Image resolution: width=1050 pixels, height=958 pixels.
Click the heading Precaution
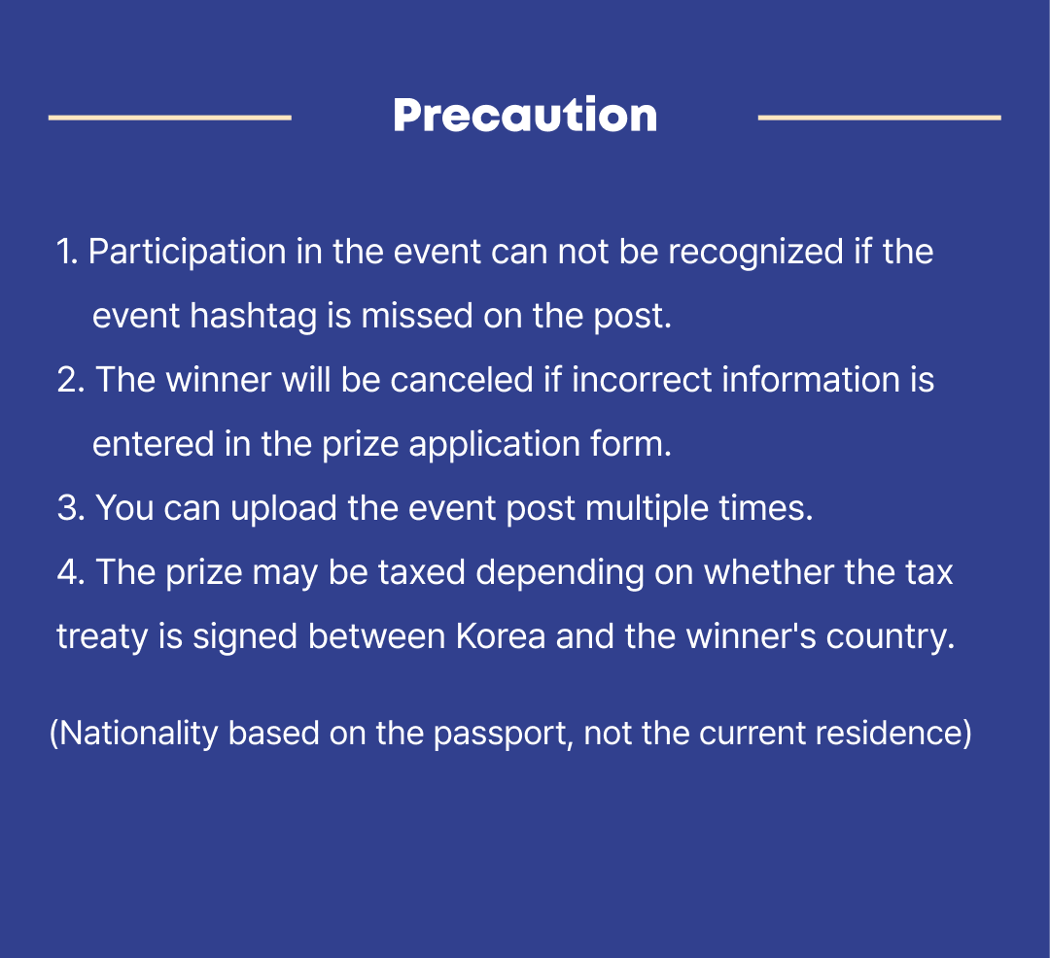point(525,115)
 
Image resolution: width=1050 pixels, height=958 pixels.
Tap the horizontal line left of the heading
point(170,118)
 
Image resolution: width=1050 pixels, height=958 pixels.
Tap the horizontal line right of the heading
point(879,118)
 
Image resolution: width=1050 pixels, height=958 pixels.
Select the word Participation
point(188,253)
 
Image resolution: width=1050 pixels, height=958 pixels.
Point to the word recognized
point(755,253)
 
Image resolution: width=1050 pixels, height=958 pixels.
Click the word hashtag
point(253,317)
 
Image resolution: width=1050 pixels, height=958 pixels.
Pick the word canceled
point(462,380)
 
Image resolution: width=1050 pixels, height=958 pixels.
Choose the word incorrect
point(642,380)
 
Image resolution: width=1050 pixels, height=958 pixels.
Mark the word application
point(494,445)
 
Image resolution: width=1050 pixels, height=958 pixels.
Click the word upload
point(283,508)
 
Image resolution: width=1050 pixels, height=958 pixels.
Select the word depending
point(560,573)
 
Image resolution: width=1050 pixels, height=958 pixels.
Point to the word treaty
point(102,636)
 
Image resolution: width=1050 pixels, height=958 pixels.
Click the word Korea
point(501,636)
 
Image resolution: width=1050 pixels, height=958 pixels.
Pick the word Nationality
point(139,734)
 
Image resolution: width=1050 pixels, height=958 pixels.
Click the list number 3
point(71,508)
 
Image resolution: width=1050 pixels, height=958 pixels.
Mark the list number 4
point(71,572)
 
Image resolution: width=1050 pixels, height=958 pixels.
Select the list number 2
point(71,380)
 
